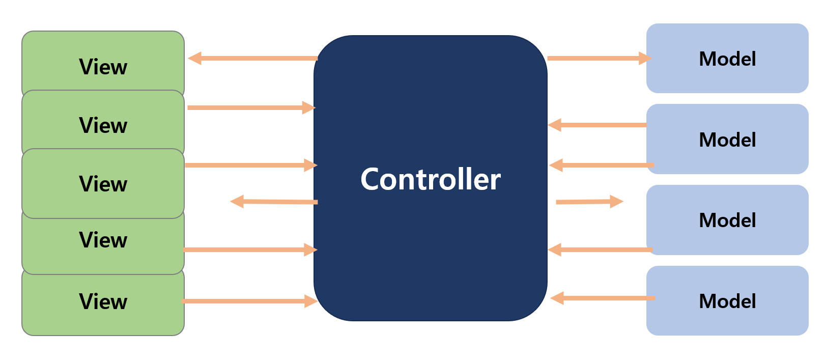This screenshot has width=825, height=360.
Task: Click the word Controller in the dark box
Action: point(431,179)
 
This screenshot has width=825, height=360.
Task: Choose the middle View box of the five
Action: point(103,183)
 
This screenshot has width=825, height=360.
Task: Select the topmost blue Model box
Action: point(727,59)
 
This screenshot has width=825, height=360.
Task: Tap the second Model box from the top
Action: point(727,140)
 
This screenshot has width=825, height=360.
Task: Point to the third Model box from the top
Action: point(727,220)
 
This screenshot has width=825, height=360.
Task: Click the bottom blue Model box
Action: point(727,301)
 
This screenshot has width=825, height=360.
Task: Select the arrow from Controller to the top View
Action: point(252,58)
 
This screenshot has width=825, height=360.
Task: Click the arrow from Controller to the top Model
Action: point(599,58)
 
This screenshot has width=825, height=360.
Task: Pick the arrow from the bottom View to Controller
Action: point(249,301)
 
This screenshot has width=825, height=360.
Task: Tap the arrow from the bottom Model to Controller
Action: point(603,298)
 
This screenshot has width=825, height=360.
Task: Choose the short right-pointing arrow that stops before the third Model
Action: point(589,202)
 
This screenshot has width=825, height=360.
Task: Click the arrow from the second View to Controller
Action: point(251,107)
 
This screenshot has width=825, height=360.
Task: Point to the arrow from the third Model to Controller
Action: point(601,250)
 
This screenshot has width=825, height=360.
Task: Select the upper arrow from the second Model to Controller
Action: point(598,125)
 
